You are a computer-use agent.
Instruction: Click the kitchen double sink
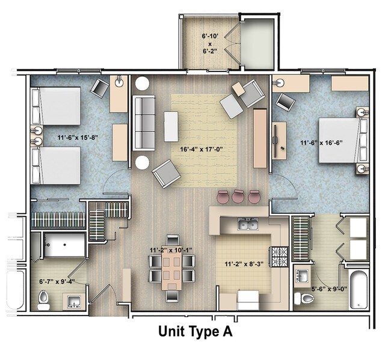click(x=248, y=225)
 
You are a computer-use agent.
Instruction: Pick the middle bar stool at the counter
click(x=239, y=197)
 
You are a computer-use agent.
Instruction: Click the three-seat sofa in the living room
click(x=144, y=123)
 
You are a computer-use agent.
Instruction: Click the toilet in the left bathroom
click(x=44, y=299)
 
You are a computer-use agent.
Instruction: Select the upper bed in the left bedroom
click(x=56, y=106)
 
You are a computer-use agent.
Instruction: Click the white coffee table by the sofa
click(x=171, y=126)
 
